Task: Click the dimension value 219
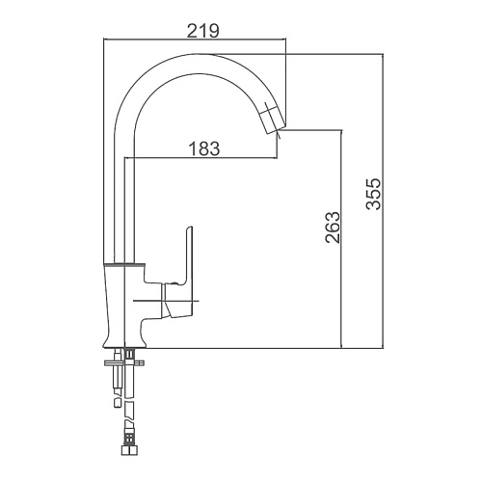point(202,31)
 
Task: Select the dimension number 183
point(204,148)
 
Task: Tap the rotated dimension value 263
point(333,228)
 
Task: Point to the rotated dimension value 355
point(373,194)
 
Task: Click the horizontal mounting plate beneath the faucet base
point(124,363)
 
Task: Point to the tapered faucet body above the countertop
point(124,306)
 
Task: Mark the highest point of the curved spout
point(196,54)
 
